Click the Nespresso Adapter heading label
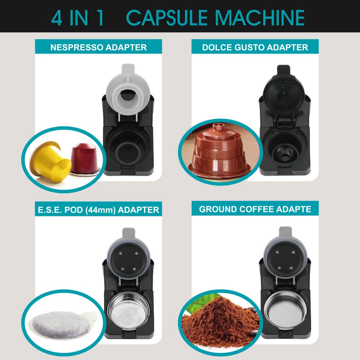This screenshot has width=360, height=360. pos(98,47)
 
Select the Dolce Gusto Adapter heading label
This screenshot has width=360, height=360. pos(255,47)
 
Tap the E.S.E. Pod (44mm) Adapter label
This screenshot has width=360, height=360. pos(98,209)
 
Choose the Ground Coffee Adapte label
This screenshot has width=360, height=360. pos(255,209)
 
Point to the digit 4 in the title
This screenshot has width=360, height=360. pos(57,17)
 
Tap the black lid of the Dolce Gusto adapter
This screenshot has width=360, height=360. pos(284,86)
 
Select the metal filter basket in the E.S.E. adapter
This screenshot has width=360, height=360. pos(124,310)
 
